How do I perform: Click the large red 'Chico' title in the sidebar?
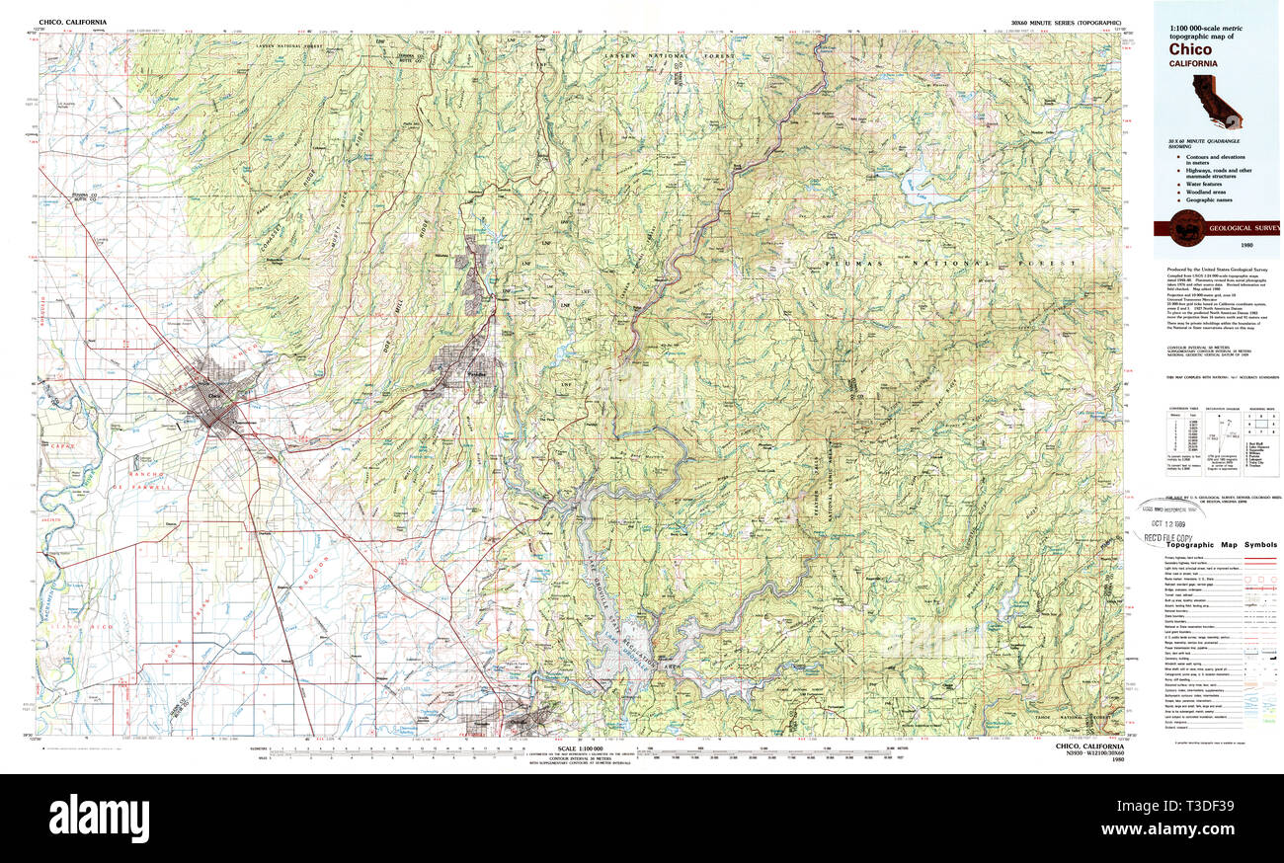tap(1190, 49)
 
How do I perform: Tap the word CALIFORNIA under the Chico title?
tap(1193, 63)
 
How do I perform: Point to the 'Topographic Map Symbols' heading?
tap(1221, 545)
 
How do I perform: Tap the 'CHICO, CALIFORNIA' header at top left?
tap(72, 22)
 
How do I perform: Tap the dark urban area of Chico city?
tap(222, 395)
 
